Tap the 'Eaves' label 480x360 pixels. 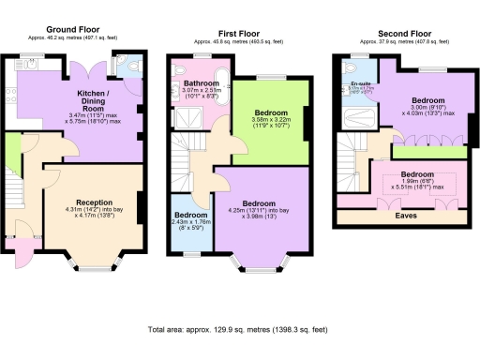pos(406,215)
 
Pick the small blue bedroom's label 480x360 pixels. pos(191,215)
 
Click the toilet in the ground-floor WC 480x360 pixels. pos(129,66)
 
